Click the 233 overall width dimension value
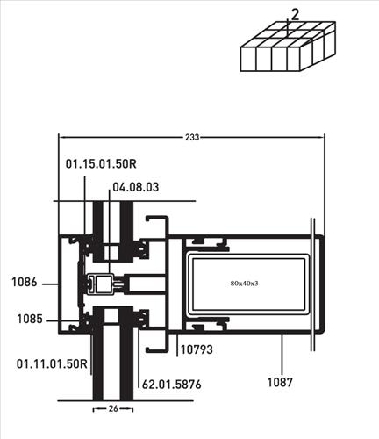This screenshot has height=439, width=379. coord(192,137)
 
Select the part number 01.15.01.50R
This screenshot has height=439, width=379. coord(101,164)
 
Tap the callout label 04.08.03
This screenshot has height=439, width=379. coord(136,187)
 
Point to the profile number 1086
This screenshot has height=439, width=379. coord(25,283)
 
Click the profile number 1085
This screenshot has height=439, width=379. coord(30,319)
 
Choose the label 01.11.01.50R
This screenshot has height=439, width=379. coord(52,364)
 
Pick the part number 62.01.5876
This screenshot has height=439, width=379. coord(172,385)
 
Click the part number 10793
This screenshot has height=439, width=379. coord(197,349)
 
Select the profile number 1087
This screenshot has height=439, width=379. coord(280,382)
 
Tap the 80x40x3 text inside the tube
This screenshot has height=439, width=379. coord(244,284)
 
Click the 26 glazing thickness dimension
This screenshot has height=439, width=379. coord(113,408)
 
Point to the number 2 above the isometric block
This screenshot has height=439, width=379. coord(296,15)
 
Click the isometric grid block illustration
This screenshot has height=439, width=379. coord(288,47)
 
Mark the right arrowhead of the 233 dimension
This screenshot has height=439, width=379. coord(322,137)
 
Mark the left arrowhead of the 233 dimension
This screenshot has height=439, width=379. coord(61,137)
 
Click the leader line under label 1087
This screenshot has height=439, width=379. coord(282,354)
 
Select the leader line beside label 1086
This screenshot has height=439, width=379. coord(50,284)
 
